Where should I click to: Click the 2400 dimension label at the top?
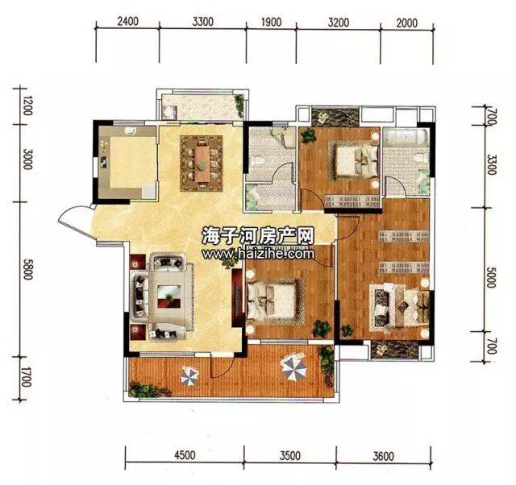point(127,22)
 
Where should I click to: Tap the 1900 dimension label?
point(271,22)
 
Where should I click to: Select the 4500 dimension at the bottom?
point(185,455)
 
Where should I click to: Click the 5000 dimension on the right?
point(490,277)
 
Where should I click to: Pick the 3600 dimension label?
point(384,456)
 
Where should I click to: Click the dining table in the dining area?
point(202,164)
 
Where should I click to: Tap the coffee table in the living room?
point(169,296)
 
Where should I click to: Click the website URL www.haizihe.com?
point(258,254)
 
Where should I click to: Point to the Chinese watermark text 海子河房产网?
point(258,236)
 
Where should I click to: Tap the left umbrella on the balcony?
point(189,375)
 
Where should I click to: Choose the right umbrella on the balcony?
point(293,367)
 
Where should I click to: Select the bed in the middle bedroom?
point(272,301)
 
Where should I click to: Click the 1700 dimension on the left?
point(27,379)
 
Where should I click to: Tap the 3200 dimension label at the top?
point(339,23)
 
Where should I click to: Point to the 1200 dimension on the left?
point(28,106)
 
